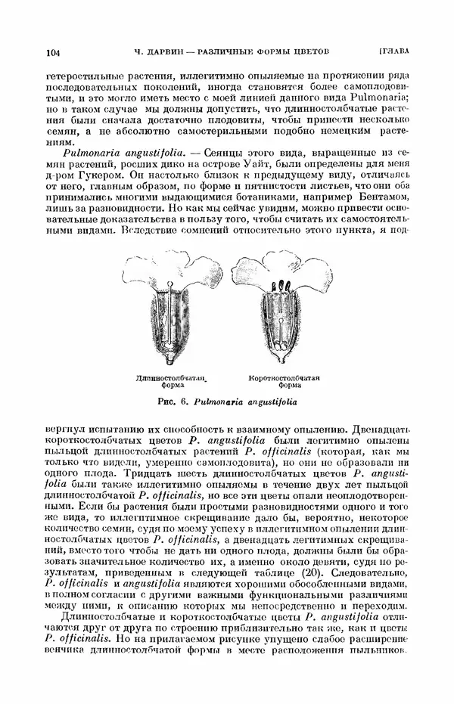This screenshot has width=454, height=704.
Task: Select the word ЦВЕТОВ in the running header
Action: pyautogui.click(x=309, y=52)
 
